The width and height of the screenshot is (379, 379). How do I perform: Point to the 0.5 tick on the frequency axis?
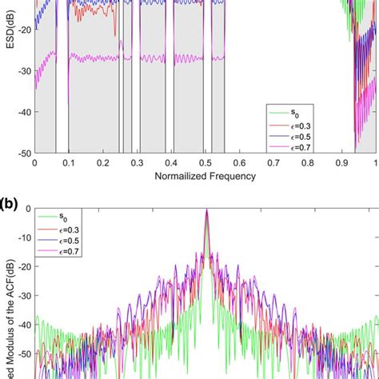pyautogui.click(x=205, y=162)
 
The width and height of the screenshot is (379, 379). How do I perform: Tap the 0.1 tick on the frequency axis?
pyautogui.click(x=68, y=162)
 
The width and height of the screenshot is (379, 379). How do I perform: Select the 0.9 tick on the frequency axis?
pyautogui.click(x=342, y=162)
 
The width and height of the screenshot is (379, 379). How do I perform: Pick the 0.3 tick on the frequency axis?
pyautogui.click(x=137, y=162)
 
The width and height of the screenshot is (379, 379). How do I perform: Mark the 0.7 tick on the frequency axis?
pyautogui.click(x=273, y=162)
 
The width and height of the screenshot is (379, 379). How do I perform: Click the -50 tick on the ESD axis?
pyautogui.click(x=24, y=153)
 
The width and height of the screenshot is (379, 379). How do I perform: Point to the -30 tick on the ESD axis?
pyautogui.click(x=24, y=70)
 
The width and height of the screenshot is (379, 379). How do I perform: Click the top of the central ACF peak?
pyautogui.click(x=206, y=209)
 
